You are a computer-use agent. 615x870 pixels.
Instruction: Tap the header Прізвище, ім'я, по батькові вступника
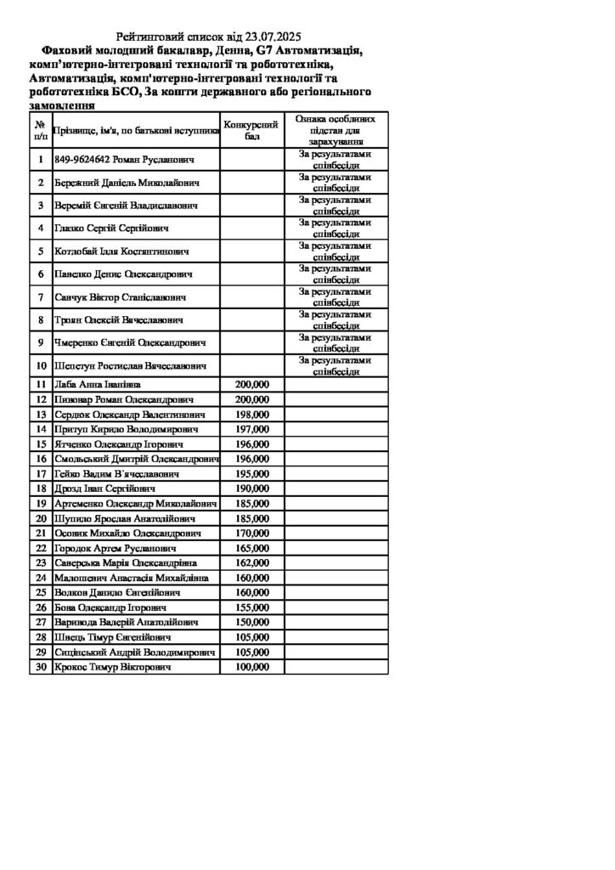tap(136, 132)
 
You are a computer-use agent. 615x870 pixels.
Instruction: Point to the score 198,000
tap(251, 414)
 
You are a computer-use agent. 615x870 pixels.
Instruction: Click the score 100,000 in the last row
tap(251, 668)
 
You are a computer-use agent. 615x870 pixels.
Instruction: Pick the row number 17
tap(40, 473)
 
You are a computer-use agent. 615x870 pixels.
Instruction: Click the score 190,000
tap(251, 489)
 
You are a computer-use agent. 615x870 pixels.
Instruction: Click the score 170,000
tap(251, 533)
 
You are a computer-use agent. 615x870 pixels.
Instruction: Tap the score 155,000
tap(251, 607)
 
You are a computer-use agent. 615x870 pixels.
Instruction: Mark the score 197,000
tap(251, 429)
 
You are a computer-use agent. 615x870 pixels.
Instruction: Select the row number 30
tap(40, 668)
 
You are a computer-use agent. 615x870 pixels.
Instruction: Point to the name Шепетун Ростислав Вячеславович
tap(131, 365)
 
